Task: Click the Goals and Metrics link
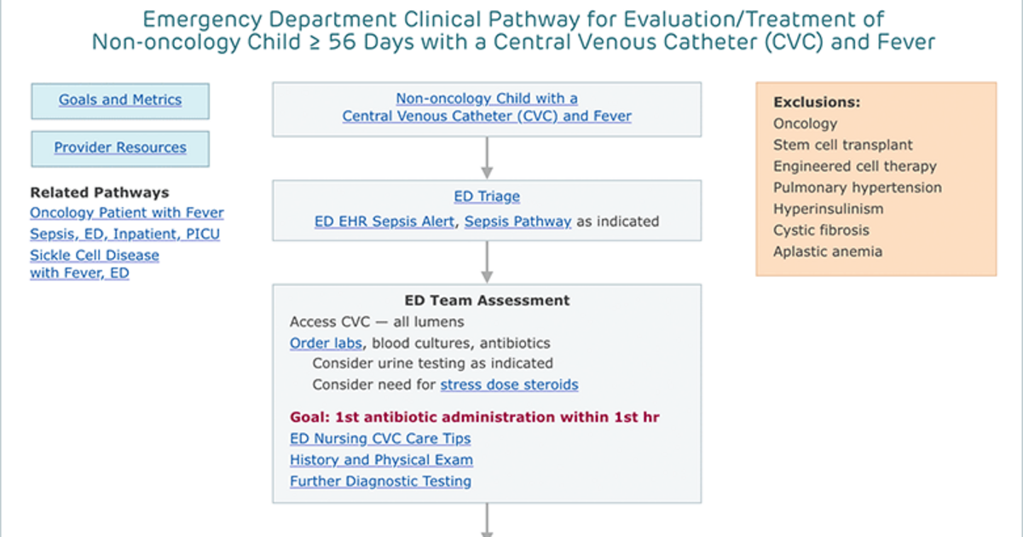tap(120, 100)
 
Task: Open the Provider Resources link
tap(120, 147)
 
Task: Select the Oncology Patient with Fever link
tap(127, 213)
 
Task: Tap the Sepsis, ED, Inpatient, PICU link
tap(124, 234)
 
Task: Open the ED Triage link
tap(487, 196)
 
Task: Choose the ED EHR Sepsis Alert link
tap(384, 222)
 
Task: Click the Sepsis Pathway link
tap(518, 222)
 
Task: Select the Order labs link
tap(326, 343)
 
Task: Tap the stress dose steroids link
tap(509, 384)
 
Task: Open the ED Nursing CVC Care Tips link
tap(380, 438)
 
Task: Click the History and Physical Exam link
tap(381, 459)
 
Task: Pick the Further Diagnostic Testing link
tap(380, 481)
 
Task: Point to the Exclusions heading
tap(817, 102)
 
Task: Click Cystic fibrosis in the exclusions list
tap(821, 230)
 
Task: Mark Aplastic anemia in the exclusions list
tap(828, 251)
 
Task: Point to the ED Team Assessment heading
tap(487, 300)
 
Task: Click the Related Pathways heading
tap(100, 193)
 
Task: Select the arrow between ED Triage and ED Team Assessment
tap(487, 263)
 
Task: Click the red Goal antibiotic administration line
tap(475, 417)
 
